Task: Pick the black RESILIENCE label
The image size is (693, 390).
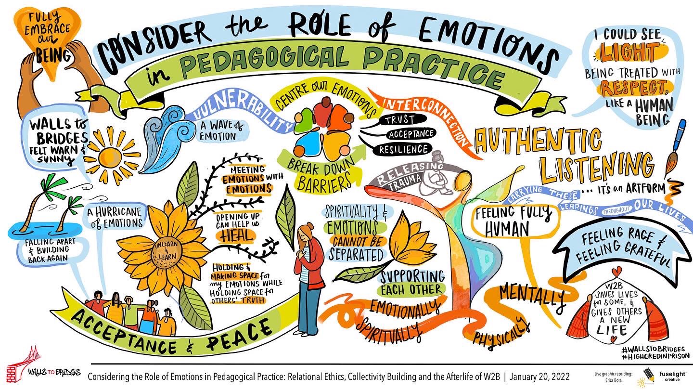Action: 403,149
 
